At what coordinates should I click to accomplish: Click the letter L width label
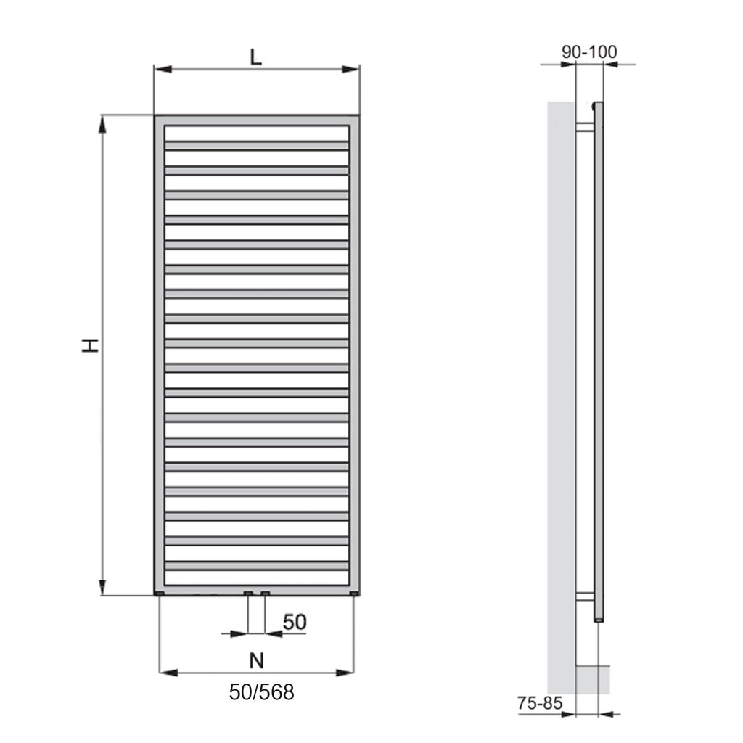[256, 57]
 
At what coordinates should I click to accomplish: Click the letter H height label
[89, 345]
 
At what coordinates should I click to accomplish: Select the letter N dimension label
[256, 660]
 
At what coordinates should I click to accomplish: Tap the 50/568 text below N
[262, 692]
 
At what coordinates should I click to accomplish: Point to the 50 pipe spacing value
[295, 622]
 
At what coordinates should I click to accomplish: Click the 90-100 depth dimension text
[589, 52]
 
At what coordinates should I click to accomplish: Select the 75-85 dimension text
[541, 702]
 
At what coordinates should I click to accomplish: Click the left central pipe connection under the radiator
[248, 594]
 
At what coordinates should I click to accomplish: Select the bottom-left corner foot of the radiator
[159, 594]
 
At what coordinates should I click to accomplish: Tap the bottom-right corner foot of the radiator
[354, 594]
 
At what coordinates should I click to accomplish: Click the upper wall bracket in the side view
[585, 127]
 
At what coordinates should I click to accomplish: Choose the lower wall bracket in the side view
[585, 597]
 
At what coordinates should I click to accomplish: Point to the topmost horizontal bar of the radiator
[257, 145]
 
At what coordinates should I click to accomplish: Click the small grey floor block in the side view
[593, 678]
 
